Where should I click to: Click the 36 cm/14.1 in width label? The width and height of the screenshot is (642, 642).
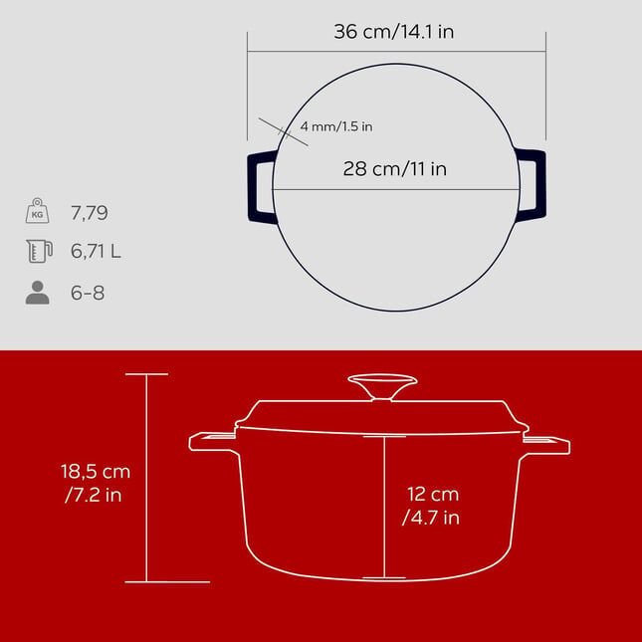[x=394, y=32]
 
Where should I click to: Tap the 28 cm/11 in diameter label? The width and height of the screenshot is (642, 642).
[x=395, y=168]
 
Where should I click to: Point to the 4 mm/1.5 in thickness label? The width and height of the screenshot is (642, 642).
[x=336, y=126]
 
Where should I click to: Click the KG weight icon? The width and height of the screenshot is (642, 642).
[x=37, y=210]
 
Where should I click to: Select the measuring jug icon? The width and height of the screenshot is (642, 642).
[x=39, y=251]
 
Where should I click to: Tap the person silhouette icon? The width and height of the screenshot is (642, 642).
[x=37, y=293]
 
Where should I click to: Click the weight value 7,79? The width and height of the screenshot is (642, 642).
[x=90, y=213]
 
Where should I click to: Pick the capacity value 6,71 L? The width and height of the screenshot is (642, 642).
[x=96, y=251]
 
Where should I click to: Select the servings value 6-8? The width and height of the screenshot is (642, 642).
[x=88, y=293]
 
